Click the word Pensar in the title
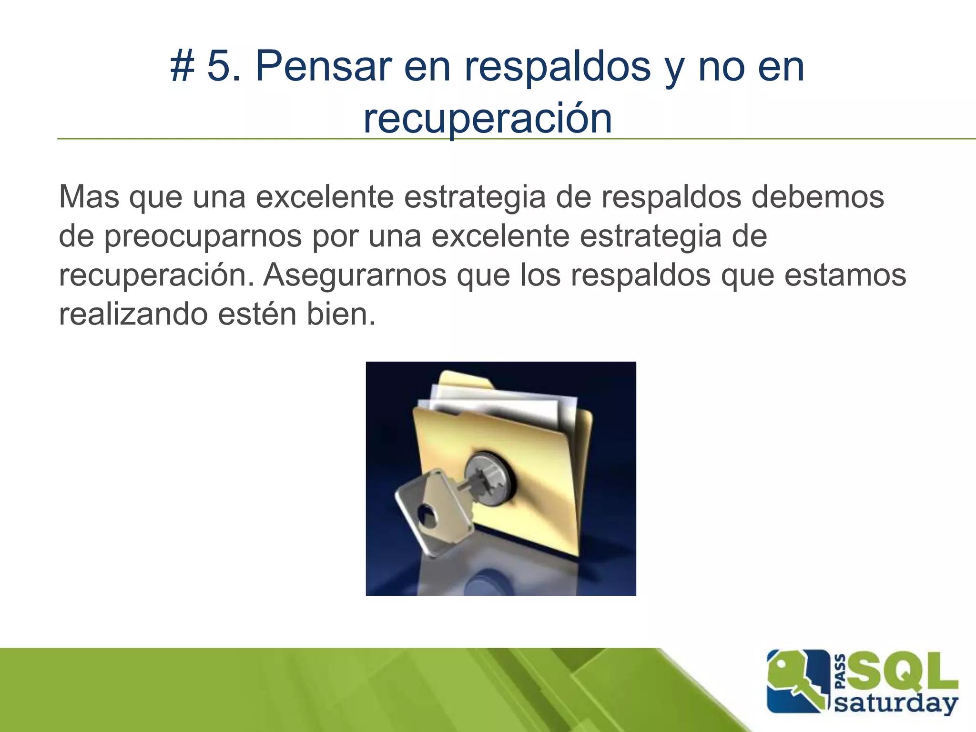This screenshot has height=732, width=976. point(324,67)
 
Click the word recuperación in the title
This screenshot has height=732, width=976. point(488,119)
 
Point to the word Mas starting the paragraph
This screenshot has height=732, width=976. point(89,197)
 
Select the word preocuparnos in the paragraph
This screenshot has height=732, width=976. point(203,237)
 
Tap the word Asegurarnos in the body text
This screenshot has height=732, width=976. point(355,275)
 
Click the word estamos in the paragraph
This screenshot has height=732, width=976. point(845,275)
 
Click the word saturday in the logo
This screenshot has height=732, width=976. point(896,703)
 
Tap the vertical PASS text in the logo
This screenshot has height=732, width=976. point(841,671)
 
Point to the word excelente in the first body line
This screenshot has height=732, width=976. point(325,197)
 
